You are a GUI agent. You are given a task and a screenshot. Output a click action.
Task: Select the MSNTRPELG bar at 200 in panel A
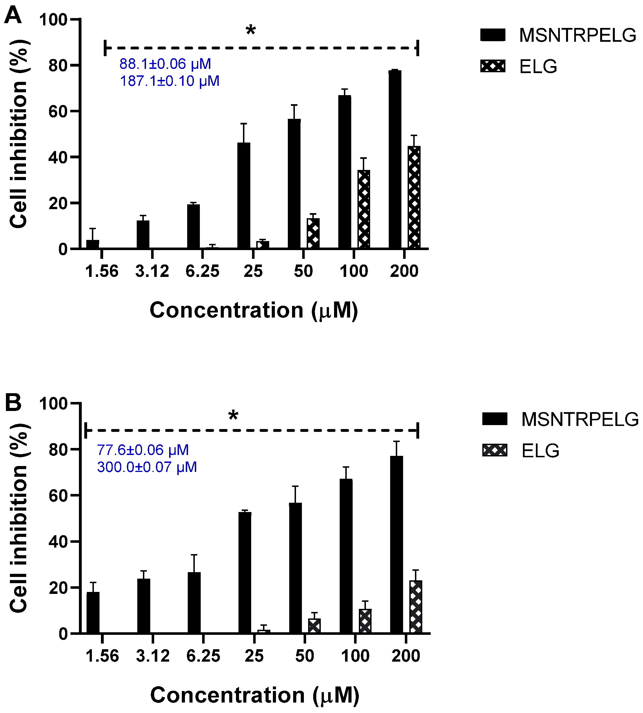(x=395, y=159)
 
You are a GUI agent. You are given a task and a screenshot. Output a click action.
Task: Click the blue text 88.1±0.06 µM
(x=165, y=64)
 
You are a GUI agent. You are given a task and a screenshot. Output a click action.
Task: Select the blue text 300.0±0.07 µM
(x=147, y=467)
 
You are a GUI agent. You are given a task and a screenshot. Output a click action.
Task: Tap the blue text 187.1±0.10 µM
(x=170, y=81)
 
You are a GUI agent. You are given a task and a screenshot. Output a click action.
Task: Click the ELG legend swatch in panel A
(x=493, y=66)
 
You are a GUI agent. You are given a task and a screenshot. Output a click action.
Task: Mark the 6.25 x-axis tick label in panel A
(x=202, y=271)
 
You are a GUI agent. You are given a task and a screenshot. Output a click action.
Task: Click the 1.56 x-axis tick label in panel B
(x=102, y=656)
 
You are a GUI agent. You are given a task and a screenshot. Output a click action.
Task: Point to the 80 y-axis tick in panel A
(x=58, y=65)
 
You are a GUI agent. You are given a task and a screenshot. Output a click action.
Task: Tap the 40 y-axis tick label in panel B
(x=58, y=541)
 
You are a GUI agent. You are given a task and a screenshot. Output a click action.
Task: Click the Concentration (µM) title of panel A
(x=254, y=310)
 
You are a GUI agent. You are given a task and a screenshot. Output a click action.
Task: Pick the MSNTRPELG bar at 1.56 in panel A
(x=92, y=244)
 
